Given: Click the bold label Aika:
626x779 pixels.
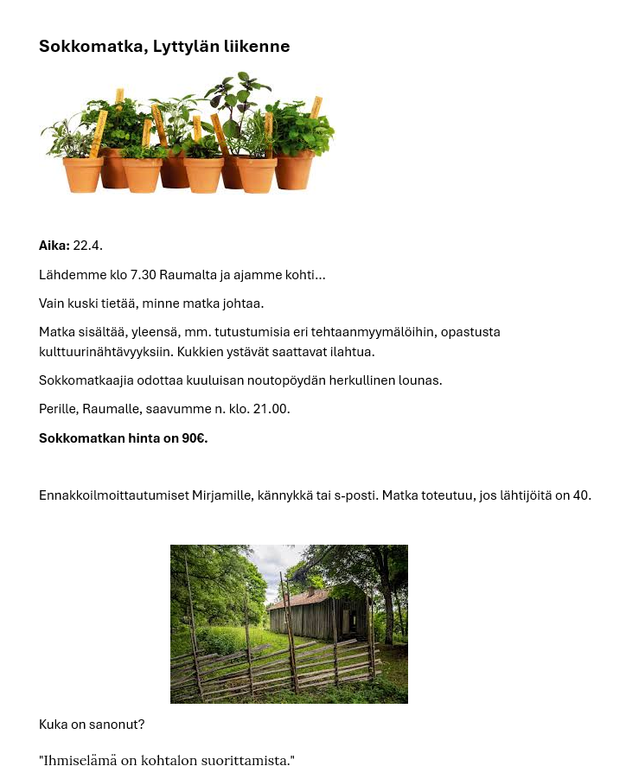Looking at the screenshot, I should (54, 246).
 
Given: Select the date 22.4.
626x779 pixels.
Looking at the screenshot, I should (87, 246).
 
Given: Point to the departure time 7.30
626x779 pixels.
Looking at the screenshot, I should (144, 275).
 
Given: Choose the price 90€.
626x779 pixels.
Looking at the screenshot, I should (195, 438).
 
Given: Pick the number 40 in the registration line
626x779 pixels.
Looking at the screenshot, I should (581, 495).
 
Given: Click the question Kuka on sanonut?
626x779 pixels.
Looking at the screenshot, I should (92, 724).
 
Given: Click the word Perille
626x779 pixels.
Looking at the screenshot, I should (59, 409).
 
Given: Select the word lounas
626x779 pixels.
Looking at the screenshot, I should (420, 380).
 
